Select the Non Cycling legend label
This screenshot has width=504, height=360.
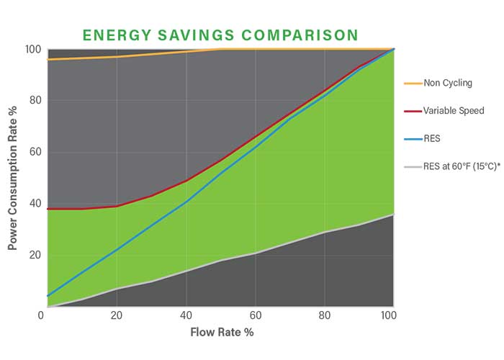448,83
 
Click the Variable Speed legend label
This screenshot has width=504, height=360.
453,110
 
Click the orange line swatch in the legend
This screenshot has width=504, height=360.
413,83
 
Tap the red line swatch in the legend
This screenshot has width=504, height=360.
413,110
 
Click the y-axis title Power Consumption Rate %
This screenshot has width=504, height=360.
12,177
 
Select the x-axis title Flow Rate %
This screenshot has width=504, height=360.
222,333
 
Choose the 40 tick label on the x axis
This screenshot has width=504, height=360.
186,317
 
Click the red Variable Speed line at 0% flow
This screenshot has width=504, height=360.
48,209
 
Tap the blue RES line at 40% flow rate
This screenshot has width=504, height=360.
186,202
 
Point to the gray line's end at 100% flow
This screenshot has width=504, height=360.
394,215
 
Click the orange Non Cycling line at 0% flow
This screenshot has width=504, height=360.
48,60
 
